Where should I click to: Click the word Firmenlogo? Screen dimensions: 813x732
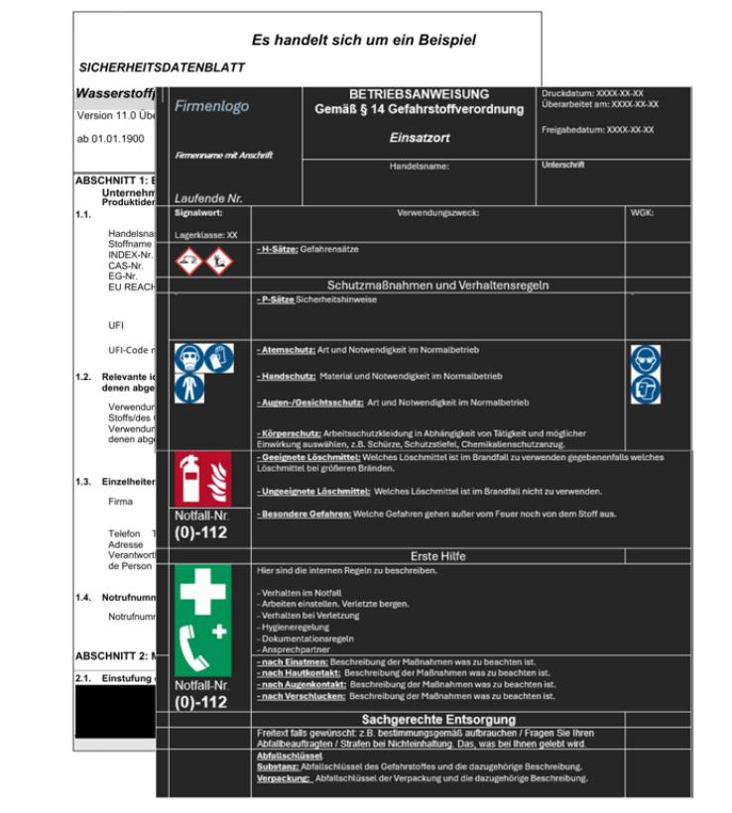[x=211, y=106]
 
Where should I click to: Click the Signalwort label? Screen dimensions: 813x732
[x=197, y=212]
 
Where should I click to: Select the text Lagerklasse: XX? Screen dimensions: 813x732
[x=206, y=236]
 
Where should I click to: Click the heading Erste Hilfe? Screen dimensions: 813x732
[x=437, y=556]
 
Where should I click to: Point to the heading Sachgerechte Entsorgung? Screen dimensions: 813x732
[x=437, y=718]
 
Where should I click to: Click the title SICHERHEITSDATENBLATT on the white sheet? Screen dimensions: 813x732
[x=162, y=67]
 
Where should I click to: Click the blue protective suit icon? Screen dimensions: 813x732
[x=185, y=388]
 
